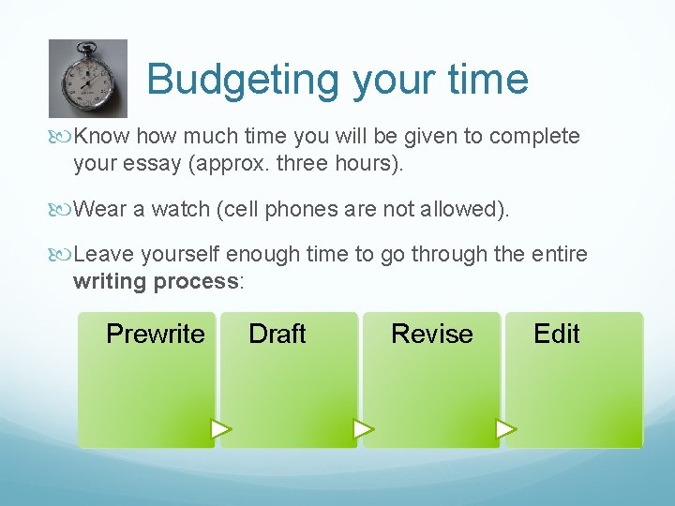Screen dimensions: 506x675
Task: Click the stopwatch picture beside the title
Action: coord(87,79)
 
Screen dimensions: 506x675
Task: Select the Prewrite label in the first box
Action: coord(155,334)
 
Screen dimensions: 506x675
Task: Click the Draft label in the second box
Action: coord(277,334)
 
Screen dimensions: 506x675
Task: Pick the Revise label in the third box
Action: coord(431,334)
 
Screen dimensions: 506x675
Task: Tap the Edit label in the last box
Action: coord(556,334)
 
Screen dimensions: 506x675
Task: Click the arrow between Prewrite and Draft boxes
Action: coord(220,430)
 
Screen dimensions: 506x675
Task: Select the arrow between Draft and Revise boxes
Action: coord(363,430)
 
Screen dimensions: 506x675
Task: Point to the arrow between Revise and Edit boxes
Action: coord(505,430)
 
